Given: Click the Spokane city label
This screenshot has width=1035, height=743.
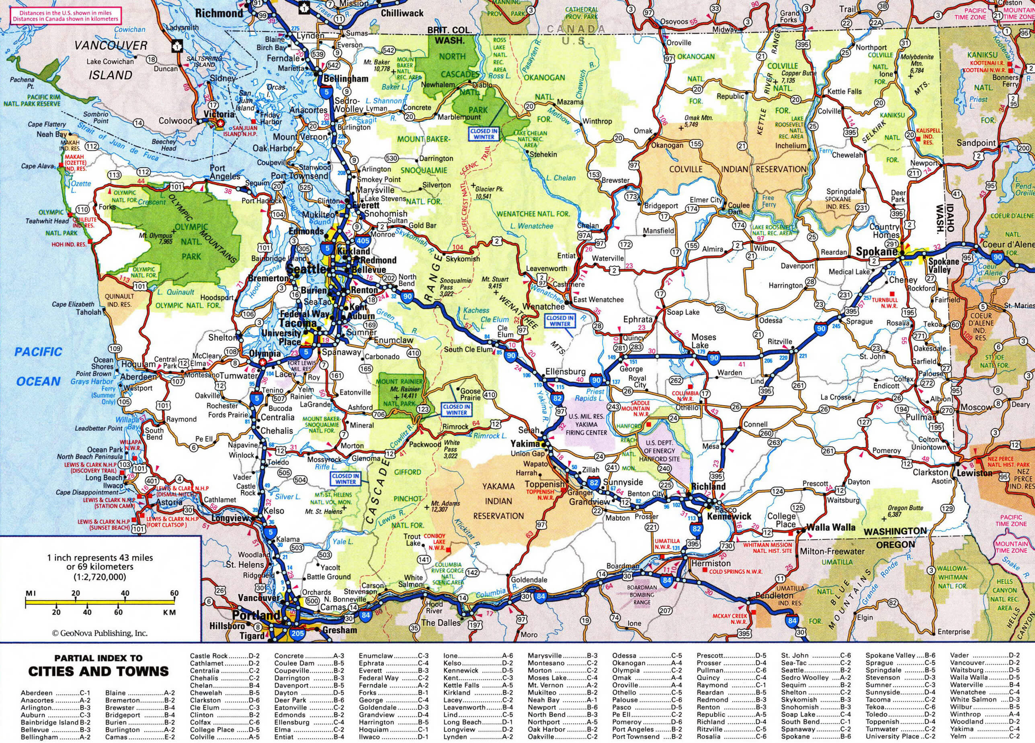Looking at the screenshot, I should [x=877, y=251].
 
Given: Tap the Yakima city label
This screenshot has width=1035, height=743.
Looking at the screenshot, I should [x=525, y=443].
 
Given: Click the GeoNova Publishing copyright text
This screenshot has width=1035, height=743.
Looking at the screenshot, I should [x=100, y=633].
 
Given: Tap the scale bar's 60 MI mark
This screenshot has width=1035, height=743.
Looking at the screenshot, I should [x=174, y=594].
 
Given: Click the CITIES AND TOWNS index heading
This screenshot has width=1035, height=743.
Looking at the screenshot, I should [x=98, y=671].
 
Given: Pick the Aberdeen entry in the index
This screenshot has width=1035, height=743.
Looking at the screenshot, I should [x=37, y=693].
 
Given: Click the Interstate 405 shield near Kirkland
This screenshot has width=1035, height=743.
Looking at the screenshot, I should [x=363, y=240].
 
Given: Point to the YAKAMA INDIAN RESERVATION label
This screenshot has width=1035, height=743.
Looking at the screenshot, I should [x=498, y=501].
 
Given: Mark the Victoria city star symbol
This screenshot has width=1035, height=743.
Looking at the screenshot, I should [x=220, y=123].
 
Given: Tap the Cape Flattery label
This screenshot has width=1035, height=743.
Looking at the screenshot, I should [x=47, y=124].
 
